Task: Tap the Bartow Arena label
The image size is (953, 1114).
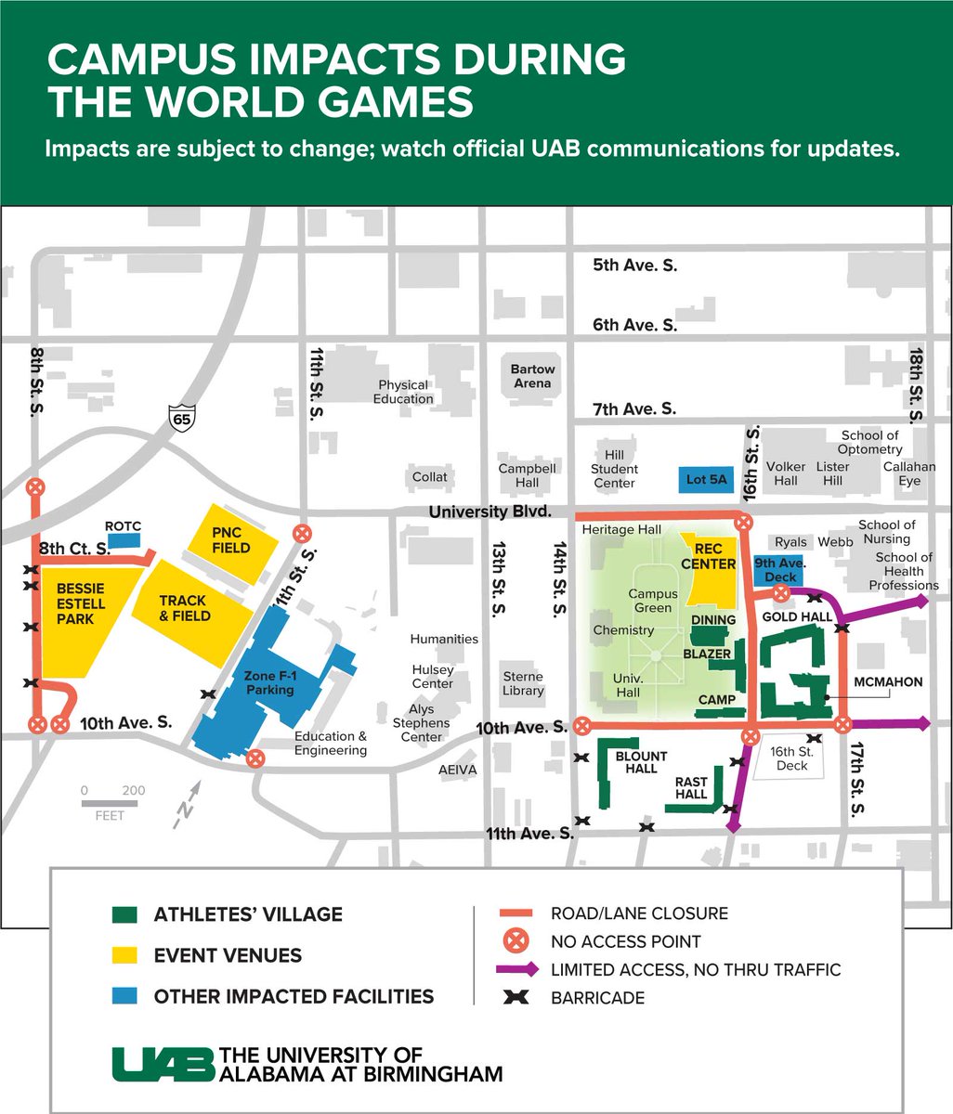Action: click(532, 375)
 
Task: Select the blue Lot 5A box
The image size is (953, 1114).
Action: click(708, 480)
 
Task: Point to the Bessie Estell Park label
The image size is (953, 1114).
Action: click(81, 603)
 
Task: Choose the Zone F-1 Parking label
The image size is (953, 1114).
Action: click(269, 682)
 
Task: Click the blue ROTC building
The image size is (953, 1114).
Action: click(124, 539)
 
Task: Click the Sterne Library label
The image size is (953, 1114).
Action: click(523, 683)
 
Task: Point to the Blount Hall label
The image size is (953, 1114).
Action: click(641, 762)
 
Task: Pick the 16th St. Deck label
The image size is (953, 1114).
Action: click(791, 758)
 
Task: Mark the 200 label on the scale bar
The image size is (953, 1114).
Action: click(133, 790)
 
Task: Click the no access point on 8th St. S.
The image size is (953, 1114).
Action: click(35, 486)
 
